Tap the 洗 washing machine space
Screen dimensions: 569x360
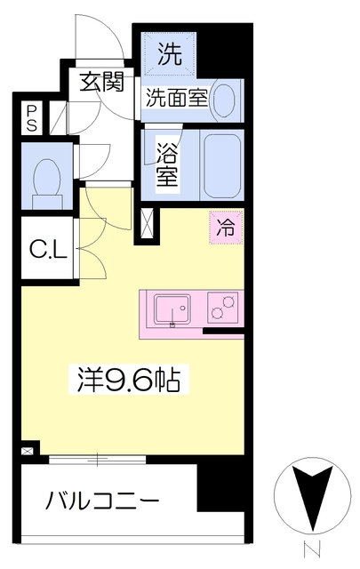coord(169,54)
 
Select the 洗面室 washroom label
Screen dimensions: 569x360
coord(178,98)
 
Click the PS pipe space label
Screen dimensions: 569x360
coord(32,118)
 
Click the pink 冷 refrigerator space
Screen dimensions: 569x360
coord(228,226)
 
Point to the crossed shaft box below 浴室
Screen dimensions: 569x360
coord(146,223)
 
